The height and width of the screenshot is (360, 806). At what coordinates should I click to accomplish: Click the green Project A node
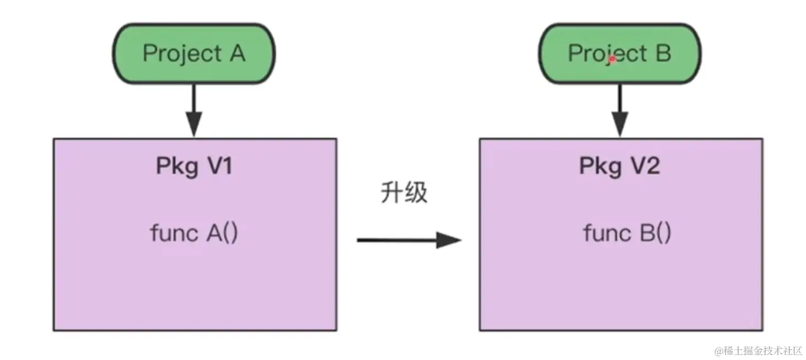pos(194,53)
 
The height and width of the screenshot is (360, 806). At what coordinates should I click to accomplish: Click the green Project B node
pos(619,53)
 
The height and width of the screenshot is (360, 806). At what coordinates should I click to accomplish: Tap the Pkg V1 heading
pos(194,166)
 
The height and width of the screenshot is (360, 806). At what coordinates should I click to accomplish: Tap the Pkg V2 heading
pos(619,166)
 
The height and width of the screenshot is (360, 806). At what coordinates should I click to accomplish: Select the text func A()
pos(194,233)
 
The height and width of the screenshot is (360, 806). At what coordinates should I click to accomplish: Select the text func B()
pos(627,233)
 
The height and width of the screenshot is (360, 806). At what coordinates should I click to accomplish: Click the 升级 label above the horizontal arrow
pos(404,193)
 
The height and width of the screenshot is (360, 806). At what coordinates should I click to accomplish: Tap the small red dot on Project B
pos(612,58)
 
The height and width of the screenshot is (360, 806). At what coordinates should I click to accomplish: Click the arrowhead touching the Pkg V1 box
pos(194,123)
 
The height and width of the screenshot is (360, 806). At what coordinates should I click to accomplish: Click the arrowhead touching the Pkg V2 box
pos(620,123)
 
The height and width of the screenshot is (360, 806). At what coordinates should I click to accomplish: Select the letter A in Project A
pos(234,53)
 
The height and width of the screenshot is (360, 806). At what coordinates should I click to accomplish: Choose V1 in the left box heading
pos(218,166)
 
